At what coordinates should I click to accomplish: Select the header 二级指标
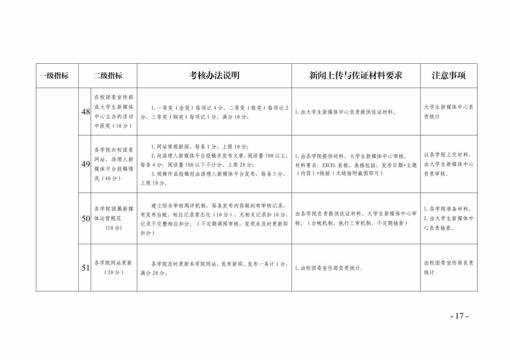pos(108,76)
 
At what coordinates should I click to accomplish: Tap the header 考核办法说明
pos(214,76)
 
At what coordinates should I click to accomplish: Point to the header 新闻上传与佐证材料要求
pos(356,76)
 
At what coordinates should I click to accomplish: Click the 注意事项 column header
pos(448,76)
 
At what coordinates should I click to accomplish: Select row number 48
pos(85,112)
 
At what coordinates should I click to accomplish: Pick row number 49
pos(85,164)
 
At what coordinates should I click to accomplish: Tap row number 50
pos(85,218)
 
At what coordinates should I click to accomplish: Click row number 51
pos(85,267)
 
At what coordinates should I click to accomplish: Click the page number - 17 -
pos(459,316)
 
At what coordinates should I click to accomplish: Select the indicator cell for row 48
pos(114,112)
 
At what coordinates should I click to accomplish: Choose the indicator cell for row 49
pos(114,164)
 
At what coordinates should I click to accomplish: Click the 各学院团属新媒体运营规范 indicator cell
pos(114,218)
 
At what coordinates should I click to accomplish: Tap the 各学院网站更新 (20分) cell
pos(114,267)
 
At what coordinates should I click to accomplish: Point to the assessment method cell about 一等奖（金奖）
pos(214,112)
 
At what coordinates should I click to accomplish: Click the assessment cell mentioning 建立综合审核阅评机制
pos(214,219)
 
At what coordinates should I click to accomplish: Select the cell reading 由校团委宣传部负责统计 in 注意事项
pos(448,267)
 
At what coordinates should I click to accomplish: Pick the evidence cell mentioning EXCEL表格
pos(356,164)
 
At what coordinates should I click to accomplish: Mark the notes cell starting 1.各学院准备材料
pos(448,218)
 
